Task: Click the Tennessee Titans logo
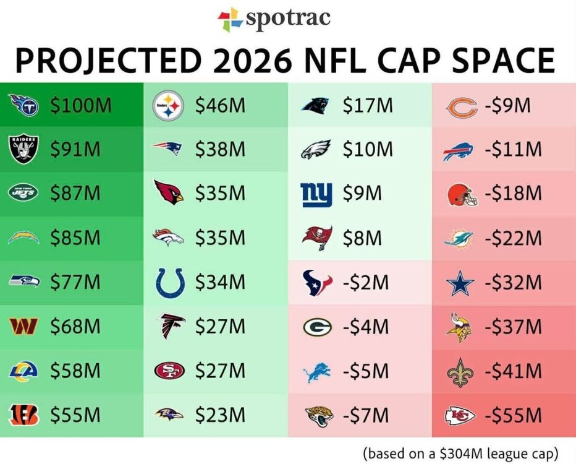[23, 105]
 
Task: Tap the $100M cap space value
[81, 105]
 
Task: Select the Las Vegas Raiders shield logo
[23, 149]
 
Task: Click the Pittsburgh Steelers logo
[168, 105]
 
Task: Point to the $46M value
[220, 105]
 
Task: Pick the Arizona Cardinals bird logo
[169, 192]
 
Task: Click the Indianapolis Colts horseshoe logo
[169, 282]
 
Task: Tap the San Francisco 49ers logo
[169, 370]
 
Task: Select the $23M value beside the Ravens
[220, 415]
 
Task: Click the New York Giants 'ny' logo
[316, 194]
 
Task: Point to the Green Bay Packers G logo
[318, 327]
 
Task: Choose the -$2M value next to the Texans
[366, 282]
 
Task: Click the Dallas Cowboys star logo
[460, 283]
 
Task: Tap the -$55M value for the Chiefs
[513, 415]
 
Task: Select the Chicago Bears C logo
[462, 108]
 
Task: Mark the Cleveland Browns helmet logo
[462, 195]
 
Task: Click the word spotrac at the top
[288, 18]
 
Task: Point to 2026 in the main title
[252, 61]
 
